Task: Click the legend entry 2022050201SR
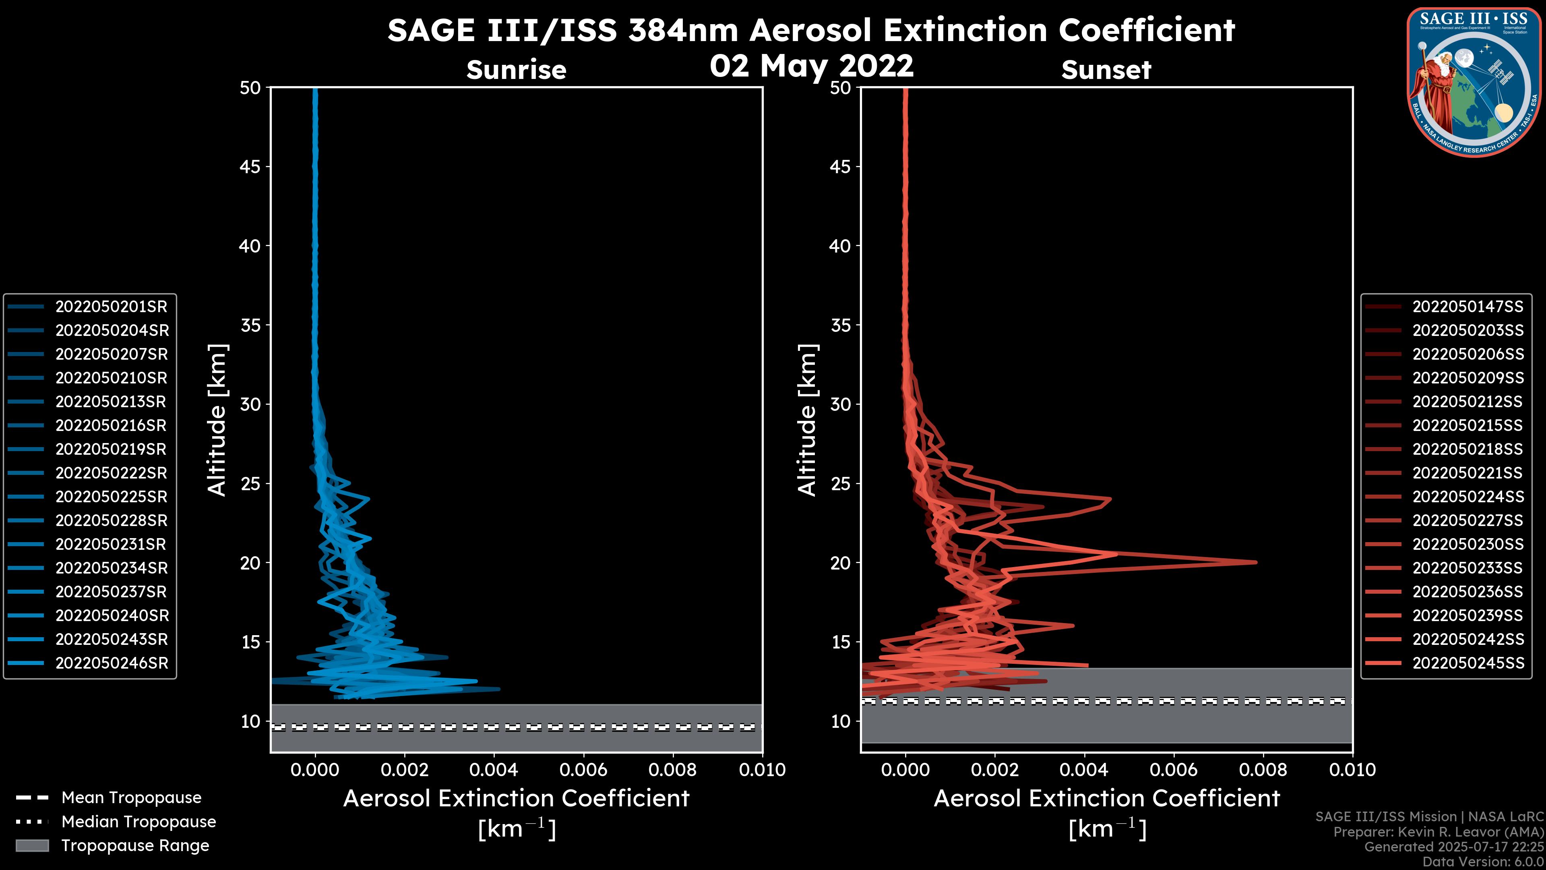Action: coord(111,307)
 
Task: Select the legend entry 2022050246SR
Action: coord(112,663)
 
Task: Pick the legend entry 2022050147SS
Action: coord(1467,307)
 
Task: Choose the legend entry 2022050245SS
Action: coord(1467,663)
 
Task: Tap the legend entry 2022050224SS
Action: coord(1467,497)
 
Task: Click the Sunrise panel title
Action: coord(516,70)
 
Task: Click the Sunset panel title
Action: coord(1106,70)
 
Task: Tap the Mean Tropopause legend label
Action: coord(131,798)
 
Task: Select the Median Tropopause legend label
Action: coord(138,822)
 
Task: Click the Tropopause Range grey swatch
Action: coord(32,845)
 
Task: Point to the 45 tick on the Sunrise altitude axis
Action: coord(251,167)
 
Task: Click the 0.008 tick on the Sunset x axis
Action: coord(1263,770)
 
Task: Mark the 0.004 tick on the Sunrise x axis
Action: coord(493,770)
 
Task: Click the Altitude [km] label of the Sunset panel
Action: coord(807,420)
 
